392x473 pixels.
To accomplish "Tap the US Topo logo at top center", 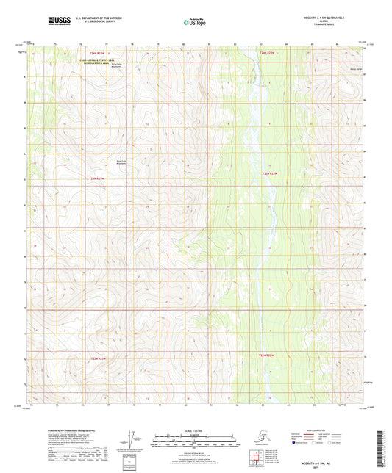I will (x=196, y=22).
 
